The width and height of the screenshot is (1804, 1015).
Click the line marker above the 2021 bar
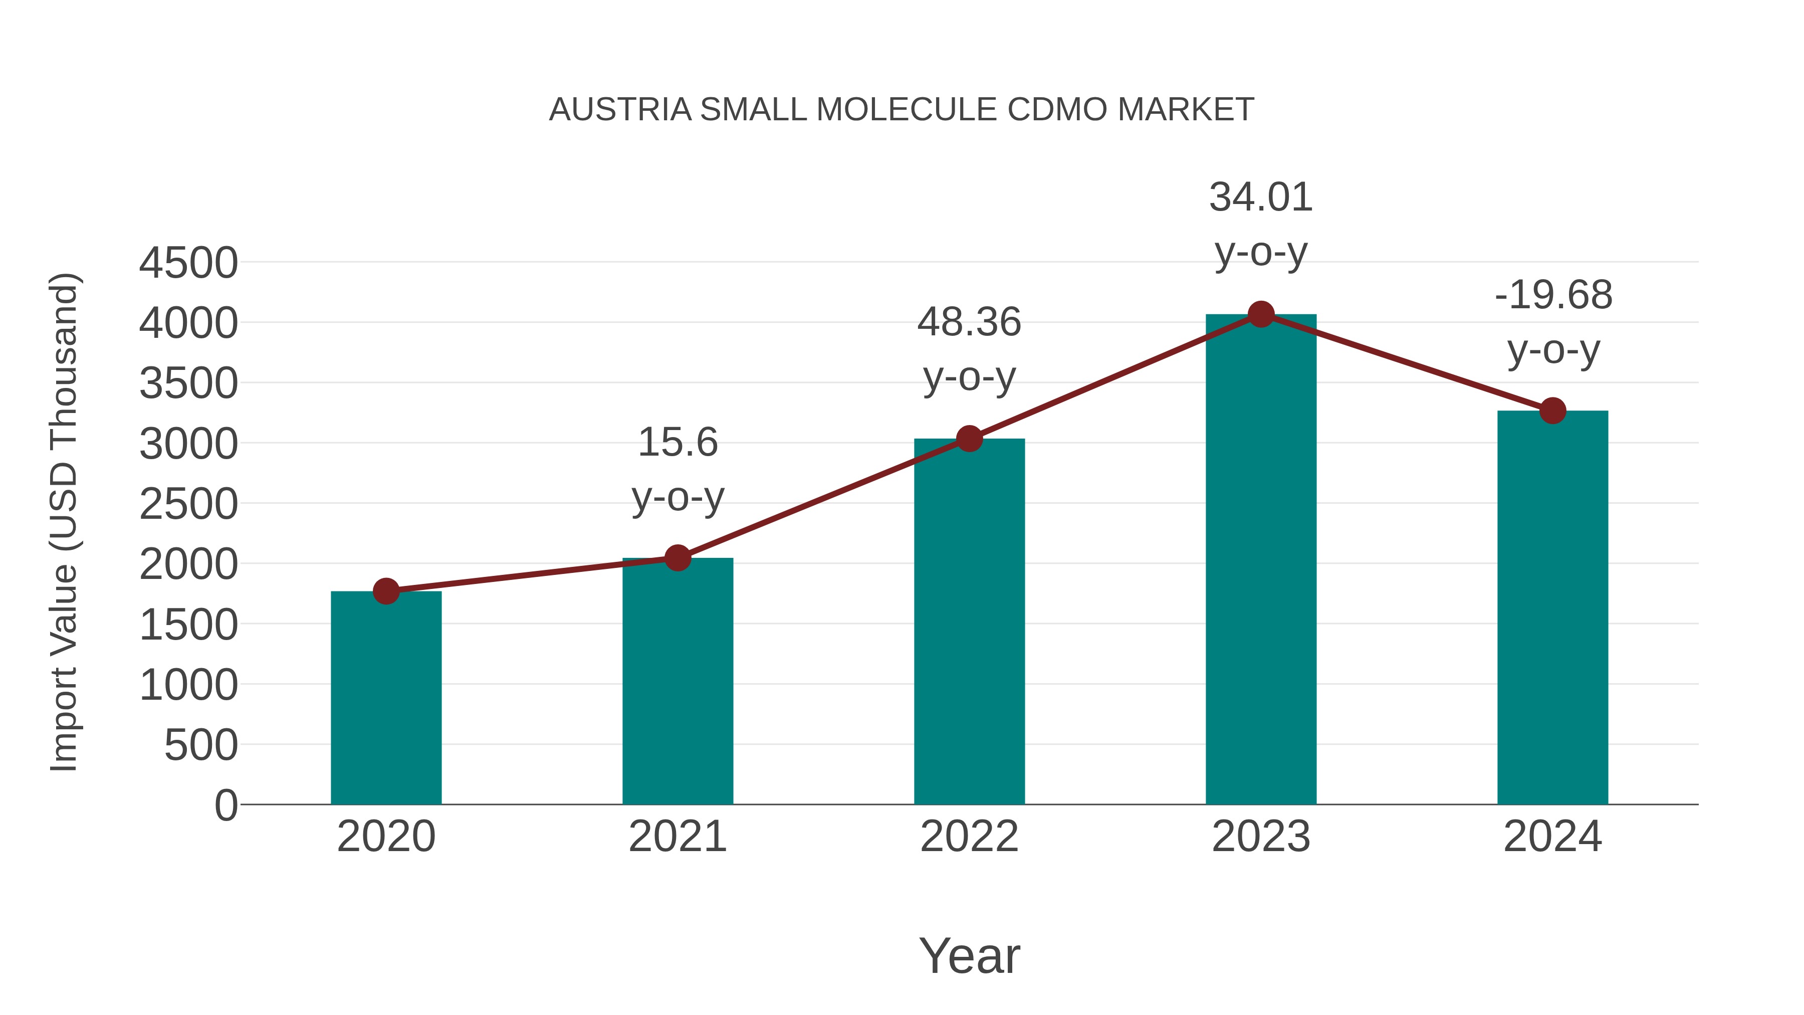pos(677,558)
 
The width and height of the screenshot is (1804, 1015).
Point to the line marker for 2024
pos(1552,411)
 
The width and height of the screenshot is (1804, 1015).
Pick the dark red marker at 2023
pos(1261,314)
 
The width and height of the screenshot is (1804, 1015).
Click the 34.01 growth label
pos(1261,197)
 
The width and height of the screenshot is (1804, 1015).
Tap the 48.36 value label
pos(969,323)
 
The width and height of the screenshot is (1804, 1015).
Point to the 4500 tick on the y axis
pos(188,263)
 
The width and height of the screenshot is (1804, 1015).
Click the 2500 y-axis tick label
pos(188,504)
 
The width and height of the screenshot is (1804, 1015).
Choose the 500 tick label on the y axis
pos(201,745)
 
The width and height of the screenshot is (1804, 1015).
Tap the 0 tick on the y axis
pos(225,805)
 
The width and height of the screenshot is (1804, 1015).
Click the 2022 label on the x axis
pos(969,837)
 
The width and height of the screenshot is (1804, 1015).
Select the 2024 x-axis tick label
pos(1552,837)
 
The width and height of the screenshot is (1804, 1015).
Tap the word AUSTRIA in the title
pos(620,110)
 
